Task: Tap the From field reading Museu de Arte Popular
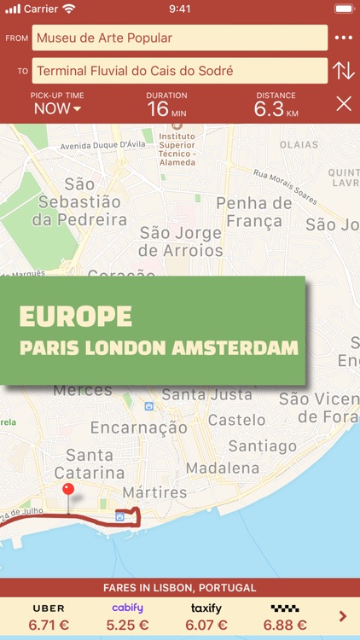coord(179,38)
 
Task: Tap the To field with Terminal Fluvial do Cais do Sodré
coord(179,71)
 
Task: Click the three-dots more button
coord(343,38)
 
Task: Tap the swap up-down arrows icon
coord(343,71)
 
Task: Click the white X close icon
coord(344,104)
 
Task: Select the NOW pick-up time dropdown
coord(57,108)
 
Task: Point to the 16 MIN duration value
coord(166,108)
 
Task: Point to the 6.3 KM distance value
coord(276,108)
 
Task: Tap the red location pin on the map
coord(68,492)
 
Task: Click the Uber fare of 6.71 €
coord(49,617)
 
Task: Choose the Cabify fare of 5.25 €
coord(127,617)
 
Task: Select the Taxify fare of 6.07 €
coord(206,617)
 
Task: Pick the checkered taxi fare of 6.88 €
coord(284,617)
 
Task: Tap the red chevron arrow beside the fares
coord(343,616)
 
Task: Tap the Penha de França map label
coord(253,213)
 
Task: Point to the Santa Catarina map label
coord(90,463)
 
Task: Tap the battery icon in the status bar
coord(343,9)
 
